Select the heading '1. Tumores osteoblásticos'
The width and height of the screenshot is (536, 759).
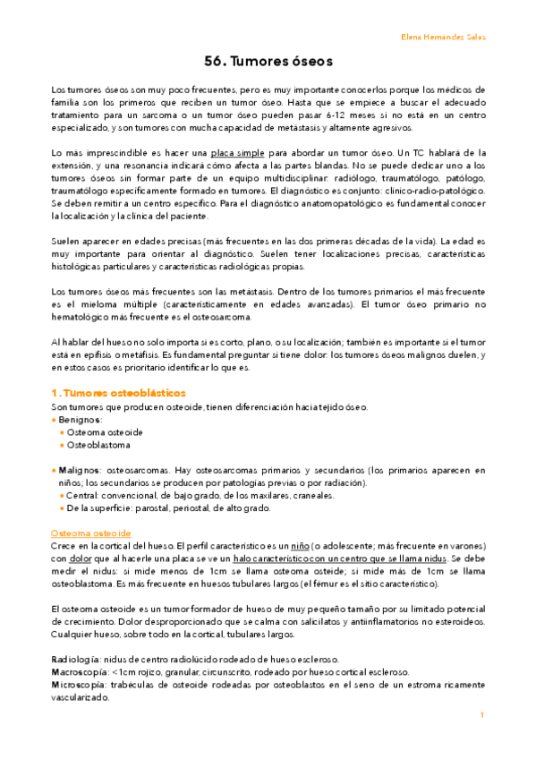(x=118, y=392)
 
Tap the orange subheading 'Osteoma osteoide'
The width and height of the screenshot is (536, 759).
(x=91, y=533)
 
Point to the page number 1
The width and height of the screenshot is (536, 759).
(x=481, y=715)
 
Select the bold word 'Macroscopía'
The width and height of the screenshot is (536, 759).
(x=81, y=671)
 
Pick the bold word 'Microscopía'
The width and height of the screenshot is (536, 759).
(x=81, y=684)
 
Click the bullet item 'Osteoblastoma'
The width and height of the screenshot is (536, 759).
(x=98, y=445)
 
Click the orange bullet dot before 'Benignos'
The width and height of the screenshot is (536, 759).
(x=55, y=419)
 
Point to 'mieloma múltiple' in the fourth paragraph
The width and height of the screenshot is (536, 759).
(x=104, y=304)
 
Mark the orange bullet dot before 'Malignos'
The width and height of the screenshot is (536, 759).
(x=55, y=470)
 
